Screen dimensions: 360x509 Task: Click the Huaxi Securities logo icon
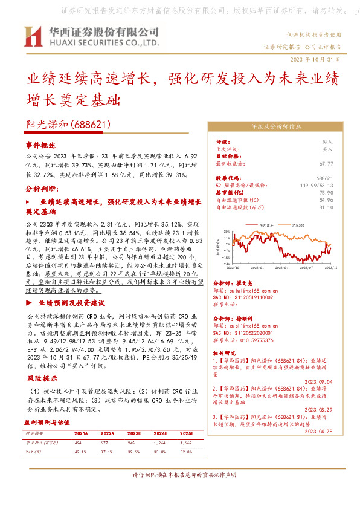[x=33, y=36]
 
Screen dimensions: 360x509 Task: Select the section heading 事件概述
[x=40, y=146]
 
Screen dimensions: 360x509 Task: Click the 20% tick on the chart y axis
[x=225, y=230]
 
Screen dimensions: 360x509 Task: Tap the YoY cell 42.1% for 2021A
[x=81, y=451]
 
